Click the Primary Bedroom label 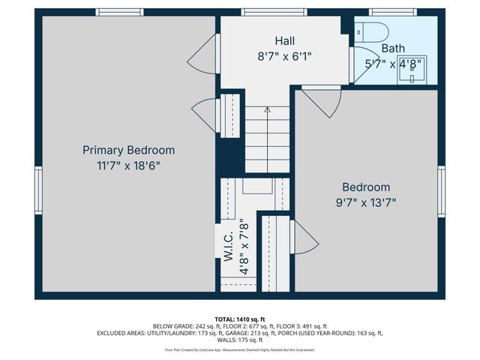(128, 150)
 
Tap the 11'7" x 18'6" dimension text (128, 166)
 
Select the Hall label (285, 40)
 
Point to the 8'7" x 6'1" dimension (285, 56)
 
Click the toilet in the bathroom (372, 32)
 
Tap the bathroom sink (412, 70)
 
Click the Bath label (393, 48)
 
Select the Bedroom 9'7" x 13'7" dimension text (366, 202)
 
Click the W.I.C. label (229, 247)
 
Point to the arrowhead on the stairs (268, 109)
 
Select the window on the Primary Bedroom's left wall (38, 190)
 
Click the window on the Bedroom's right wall (441, 192)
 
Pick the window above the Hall (274, 12)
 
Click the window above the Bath (393, 12)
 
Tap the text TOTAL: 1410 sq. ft (240, 319)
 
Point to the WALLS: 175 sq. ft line (240, 340)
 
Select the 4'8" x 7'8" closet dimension (244, 247)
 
